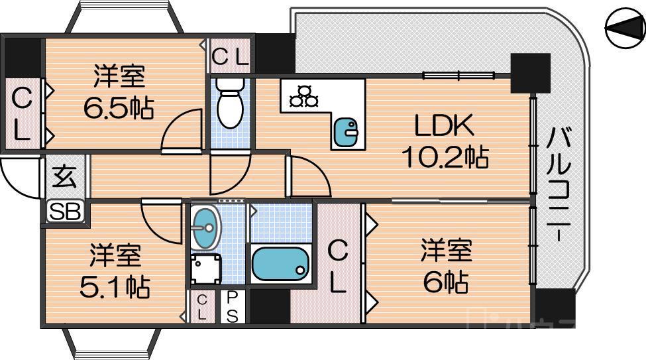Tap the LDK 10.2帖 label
click(445, 141)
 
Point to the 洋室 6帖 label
click(445, 267)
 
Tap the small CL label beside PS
click(202, 308)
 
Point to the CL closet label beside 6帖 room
click(338, 267)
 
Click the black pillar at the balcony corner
click(530, 73)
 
